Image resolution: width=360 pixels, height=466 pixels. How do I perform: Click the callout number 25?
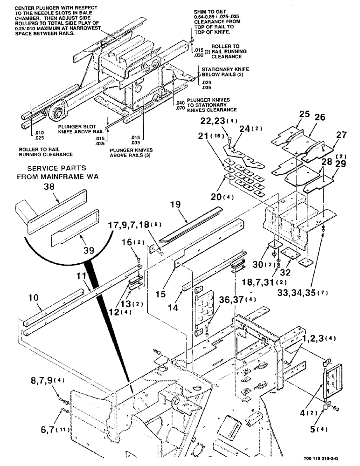(x=291, y=114)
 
